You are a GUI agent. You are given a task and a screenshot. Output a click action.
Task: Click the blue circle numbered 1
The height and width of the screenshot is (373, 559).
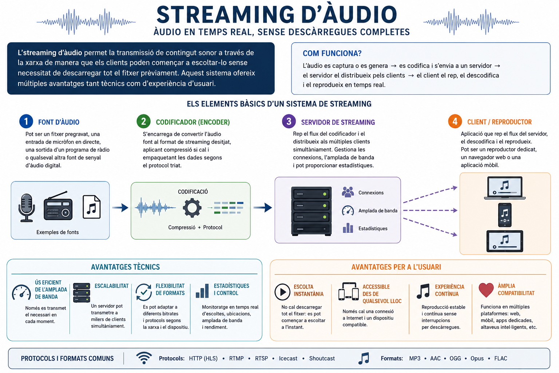click(26, 121)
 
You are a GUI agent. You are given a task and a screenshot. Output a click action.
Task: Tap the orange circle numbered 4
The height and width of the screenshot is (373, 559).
click(455, 121)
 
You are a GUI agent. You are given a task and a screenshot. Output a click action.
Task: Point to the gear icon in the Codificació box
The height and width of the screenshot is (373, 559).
click(192, 208)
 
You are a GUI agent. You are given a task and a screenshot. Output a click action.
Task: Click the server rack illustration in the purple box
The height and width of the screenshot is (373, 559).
click(312, 211)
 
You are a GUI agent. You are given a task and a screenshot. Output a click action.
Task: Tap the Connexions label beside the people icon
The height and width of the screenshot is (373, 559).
click(371, 193)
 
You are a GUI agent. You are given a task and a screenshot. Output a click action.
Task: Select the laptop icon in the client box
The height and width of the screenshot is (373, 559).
click(505, 188)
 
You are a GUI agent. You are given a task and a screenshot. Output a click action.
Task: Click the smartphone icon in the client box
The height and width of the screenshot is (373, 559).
click(505, 215)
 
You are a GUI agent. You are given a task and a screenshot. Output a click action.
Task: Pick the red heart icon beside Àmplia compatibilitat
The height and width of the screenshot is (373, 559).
click(486, 290)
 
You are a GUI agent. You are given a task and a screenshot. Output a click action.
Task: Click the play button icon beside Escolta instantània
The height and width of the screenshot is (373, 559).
click(282, 291)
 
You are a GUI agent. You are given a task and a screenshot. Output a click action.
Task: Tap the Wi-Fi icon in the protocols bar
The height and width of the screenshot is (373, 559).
click(144, 358)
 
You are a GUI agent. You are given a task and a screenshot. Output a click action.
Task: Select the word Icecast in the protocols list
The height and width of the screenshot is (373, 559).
click(288, 358)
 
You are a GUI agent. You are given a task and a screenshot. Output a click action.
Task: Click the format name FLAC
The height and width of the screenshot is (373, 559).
click(501, 358)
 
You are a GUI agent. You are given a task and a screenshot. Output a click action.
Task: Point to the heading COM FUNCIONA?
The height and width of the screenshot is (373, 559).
click(332, 53)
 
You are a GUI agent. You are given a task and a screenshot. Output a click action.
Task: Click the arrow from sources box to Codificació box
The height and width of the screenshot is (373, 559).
click(120, 207)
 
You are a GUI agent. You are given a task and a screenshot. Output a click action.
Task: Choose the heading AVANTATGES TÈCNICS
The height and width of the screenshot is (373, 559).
click(125, 267)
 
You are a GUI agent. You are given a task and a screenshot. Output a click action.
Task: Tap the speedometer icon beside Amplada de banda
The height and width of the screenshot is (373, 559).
click(348, 211)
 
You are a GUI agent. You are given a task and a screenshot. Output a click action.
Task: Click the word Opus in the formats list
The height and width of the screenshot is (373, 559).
click(477, 358)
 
